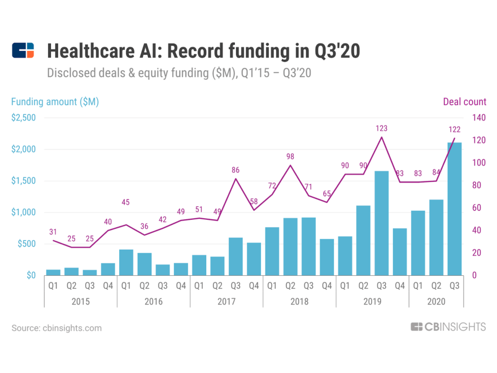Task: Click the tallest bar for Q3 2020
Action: coord(454,209)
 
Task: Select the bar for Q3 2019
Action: coord(381,223)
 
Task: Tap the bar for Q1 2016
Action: coord(126,262)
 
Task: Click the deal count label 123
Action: coord(382,128)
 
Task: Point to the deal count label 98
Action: coord(290,157)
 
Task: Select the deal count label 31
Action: coord(53,232)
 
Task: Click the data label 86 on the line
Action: coord(236,170)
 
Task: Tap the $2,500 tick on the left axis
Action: coord(24,118)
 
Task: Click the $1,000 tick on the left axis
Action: coord(24,212)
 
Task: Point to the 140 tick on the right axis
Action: coord(479,118)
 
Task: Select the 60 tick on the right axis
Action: coord(477,208)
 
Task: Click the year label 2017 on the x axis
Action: coord(226,302)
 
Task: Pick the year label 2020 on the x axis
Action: coord(436,302)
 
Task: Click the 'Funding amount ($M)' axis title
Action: coord(55,102)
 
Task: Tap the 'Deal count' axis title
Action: coord(464,102)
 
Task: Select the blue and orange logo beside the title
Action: coord(23,51)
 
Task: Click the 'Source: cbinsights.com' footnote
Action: coord(56,328)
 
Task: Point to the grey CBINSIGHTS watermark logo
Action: coord(448,327)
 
